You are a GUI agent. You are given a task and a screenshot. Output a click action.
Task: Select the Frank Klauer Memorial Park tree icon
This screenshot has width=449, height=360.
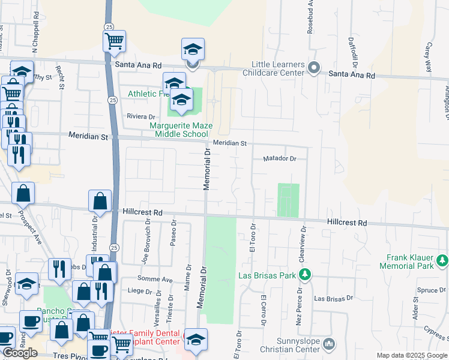[442, 260]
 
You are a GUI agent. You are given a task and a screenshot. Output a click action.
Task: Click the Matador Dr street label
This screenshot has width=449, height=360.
[280, 159]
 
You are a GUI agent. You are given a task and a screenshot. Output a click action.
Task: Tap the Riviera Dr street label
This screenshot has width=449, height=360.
[140, 116]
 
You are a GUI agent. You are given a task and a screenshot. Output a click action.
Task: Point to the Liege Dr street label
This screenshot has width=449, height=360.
[140, 291]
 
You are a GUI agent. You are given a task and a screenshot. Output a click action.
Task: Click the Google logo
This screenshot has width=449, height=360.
[20, 353]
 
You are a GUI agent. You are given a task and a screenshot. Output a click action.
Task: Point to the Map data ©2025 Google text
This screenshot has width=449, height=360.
[411, 355]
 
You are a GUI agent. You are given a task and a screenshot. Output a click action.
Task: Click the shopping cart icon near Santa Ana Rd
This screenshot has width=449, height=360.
[114, 41]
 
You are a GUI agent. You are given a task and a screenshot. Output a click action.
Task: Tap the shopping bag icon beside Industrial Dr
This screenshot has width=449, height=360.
[100, 202]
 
